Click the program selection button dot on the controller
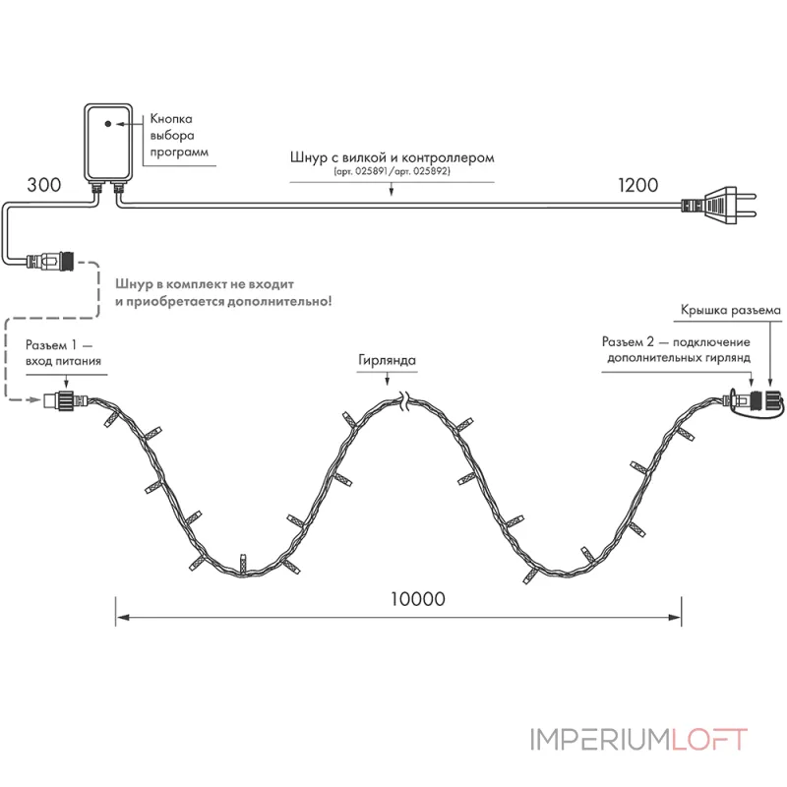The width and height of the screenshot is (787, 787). click(x=108, y=124)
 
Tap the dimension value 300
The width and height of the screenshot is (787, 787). click(x=44, y=185)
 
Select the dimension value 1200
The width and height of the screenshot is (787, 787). click(x=637, y=185)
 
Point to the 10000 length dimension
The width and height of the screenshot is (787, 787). click(x=418, y=599)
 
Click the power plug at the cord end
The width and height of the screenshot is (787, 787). click(x=719, y=206)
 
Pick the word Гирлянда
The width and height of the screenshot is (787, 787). click(x=387, y=360)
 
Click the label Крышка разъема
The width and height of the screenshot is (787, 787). click(x=731, y=310)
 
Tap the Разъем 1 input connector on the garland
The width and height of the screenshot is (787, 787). click(x=66, y=400)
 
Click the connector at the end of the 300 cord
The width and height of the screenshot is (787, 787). click(x=50, y=261)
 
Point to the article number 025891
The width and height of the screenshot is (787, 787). click(x=371, y=171)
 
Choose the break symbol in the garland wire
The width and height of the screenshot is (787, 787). click(x=404, y=401)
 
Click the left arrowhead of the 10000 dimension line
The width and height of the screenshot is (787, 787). click(x=122, y=617)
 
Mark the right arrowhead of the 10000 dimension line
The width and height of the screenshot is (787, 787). click(x=675, y=617)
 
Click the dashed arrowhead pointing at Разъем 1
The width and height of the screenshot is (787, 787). click(x=35, y=399)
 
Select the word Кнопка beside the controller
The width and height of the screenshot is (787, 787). click(x=171, y=119)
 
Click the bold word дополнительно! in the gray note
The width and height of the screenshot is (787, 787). click(x=279, y=302)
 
